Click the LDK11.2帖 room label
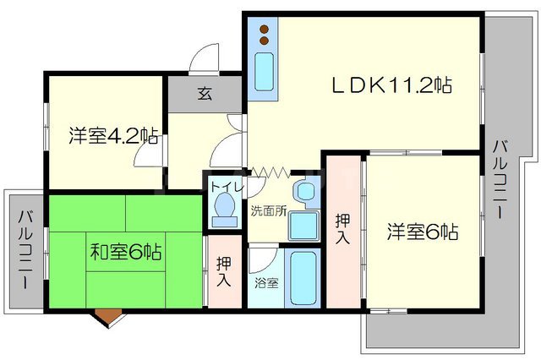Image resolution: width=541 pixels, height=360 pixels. point(390,85)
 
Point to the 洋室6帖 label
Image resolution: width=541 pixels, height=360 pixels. point(424,231)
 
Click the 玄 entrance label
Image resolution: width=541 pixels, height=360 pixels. point(205,94)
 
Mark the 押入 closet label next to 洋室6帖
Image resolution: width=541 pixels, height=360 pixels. point(342,226)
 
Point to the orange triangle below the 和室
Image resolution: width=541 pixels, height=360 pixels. point(108,317)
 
